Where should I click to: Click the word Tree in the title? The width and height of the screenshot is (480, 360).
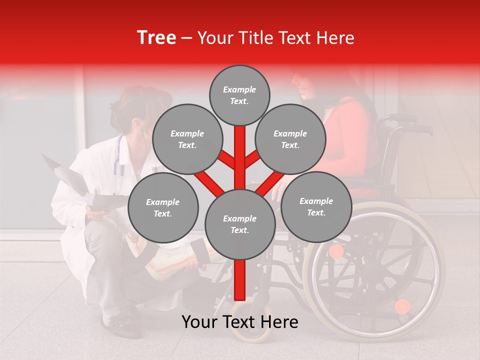click(x=156, y=38)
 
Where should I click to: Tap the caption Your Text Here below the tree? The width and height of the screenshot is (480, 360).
click(x=239, y=322)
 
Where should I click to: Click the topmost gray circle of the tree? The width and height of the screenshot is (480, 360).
click(x=239, y=95)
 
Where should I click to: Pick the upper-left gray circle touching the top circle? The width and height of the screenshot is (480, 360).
click(x=187, y=139)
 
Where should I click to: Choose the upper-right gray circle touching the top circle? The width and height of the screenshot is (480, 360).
click(x=290, y=139)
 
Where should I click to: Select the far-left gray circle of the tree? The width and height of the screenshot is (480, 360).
click(x=163, y=207)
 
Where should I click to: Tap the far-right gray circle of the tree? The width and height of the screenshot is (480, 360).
click(x=316, y=207)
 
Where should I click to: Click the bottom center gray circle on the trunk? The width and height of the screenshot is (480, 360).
click(x=240, y=224)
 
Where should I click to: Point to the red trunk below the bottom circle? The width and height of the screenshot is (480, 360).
click(x=240, y=280)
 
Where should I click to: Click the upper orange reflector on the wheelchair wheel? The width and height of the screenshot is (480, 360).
click(x=336, y=251)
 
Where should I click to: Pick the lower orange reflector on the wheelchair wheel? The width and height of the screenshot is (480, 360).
click(x=402, y=306)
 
